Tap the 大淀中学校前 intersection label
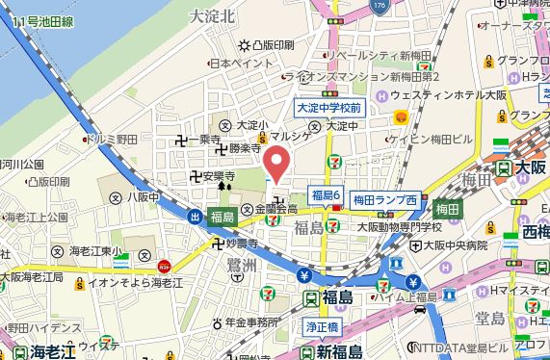click(327, 108)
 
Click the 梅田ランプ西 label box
click(385, 199)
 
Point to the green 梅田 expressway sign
click(447, 208)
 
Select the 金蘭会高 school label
click(275, 209)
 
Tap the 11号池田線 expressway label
click(38, 18)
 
